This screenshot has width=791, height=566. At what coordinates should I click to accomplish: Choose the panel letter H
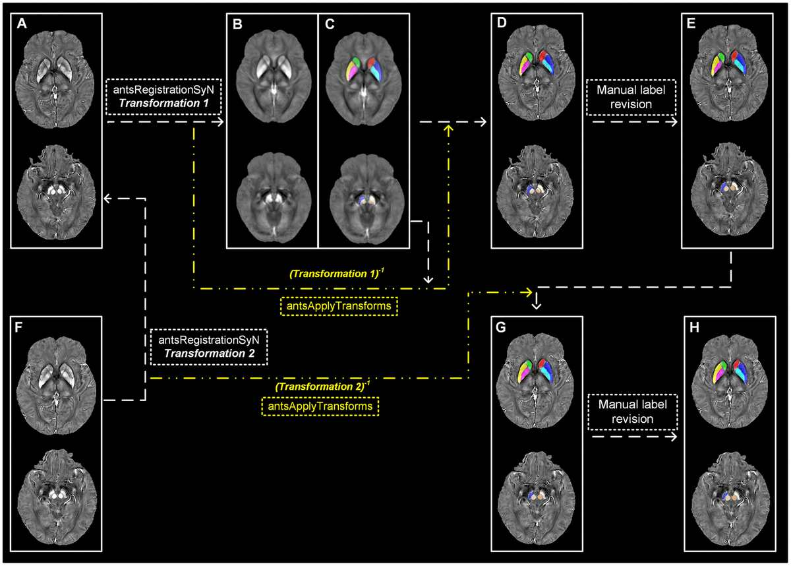click(695, 328)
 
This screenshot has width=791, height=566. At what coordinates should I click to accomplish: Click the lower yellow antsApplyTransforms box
click(321, 406)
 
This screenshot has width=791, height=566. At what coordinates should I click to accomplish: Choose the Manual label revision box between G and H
click(631, 412)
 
